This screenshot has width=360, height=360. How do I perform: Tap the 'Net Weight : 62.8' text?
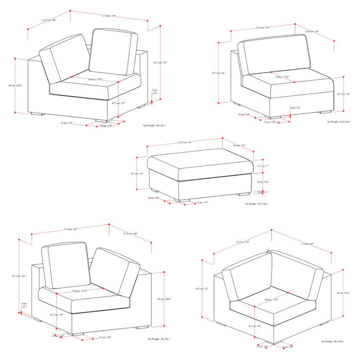click(339, 122)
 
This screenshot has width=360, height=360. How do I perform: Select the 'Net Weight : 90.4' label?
click(332, 341)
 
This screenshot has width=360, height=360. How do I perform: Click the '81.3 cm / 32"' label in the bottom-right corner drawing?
click(204, 289)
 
